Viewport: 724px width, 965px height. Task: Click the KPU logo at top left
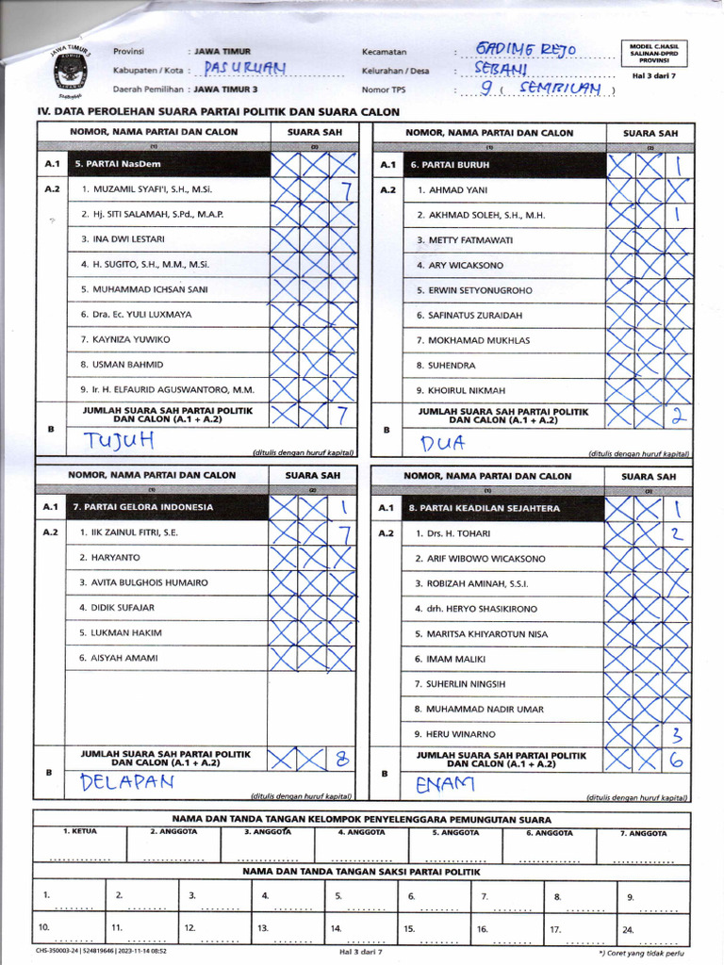coord(70,71)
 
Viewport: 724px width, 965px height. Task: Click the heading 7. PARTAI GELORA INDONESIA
coord(140,507)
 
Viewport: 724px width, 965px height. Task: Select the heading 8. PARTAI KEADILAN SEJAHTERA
coord(485,508)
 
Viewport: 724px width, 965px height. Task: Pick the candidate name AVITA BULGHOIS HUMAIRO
coord(150,582)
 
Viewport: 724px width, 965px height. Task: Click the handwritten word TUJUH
coord(118,441)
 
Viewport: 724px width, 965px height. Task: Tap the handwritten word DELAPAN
coord(127,781)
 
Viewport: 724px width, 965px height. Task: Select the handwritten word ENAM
coord(445,784)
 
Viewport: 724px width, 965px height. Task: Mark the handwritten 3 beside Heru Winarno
coord(676,735)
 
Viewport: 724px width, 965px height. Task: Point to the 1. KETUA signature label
coord(79,833)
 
